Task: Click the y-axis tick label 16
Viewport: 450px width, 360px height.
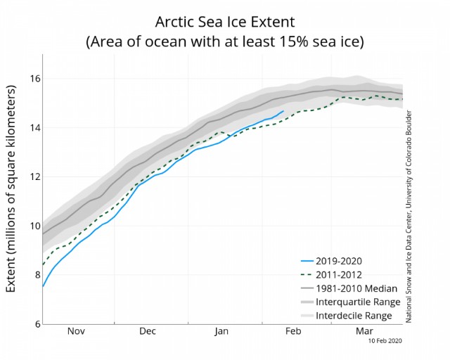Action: [35, 78]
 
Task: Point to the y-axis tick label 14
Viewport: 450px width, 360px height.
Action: [35, 127]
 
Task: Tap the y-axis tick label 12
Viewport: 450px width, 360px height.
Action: [35, 176]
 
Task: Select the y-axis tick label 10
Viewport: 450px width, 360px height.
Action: [35, 226]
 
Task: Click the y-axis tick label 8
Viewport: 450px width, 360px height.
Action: [37, 275]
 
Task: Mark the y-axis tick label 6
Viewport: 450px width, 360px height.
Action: [37, 324]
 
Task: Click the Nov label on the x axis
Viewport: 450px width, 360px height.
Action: [76, 331]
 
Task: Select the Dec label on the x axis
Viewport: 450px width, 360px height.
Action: [148, 331]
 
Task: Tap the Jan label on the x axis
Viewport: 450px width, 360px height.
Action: [221, 331]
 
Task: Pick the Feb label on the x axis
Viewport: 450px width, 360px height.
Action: [293, 331]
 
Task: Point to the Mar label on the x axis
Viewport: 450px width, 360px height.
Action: [364, 331]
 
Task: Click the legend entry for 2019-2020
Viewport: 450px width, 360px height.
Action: [339, 262]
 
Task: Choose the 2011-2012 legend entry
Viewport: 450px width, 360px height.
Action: [339, 275]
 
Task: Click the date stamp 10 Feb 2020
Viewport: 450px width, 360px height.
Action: [385, 341]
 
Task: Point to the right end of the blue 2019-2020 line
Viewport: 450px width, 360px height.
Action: [283, 111]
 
